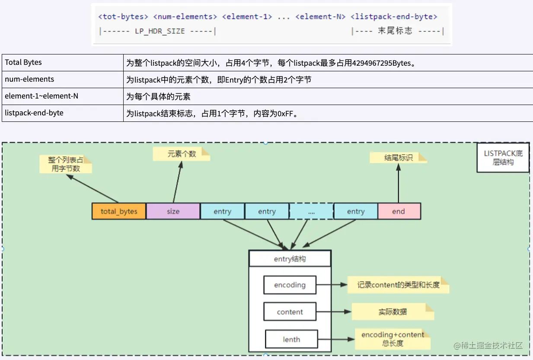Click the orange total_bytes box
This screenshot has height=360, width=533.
119,211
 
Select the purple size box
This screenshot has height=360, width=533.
173,211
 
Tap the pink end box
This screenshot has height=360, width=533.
399,211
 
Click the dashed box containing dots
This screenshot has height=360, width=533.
311,211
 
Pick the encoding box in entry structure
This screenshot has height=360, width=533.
290,285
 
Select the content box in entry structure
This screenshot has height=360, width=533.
290,312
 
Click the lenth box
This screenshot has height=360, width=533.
291,339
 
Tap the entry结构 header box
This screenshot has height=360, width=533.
290,259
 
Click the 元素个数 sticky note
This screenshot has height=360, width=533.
181,154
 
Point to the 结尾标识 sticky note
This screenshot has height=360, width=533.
398,158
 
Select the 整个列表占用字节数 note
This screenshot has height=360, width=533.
66,164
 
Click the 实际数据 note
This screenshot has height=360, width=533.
393,312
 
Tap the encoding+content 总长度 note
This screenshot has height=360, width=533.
393,339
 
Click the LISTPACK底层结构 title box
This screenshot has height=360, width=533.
503,158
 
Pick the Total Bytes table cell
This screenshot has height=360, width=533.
63,62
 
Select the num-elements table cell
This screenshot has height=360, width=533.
63,79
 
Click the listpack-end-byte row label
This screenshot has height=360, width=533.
63,113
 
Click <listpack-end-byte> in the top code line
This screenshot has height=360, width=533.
394,16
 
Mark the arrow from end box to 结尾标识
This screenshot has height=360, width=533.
398,184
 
